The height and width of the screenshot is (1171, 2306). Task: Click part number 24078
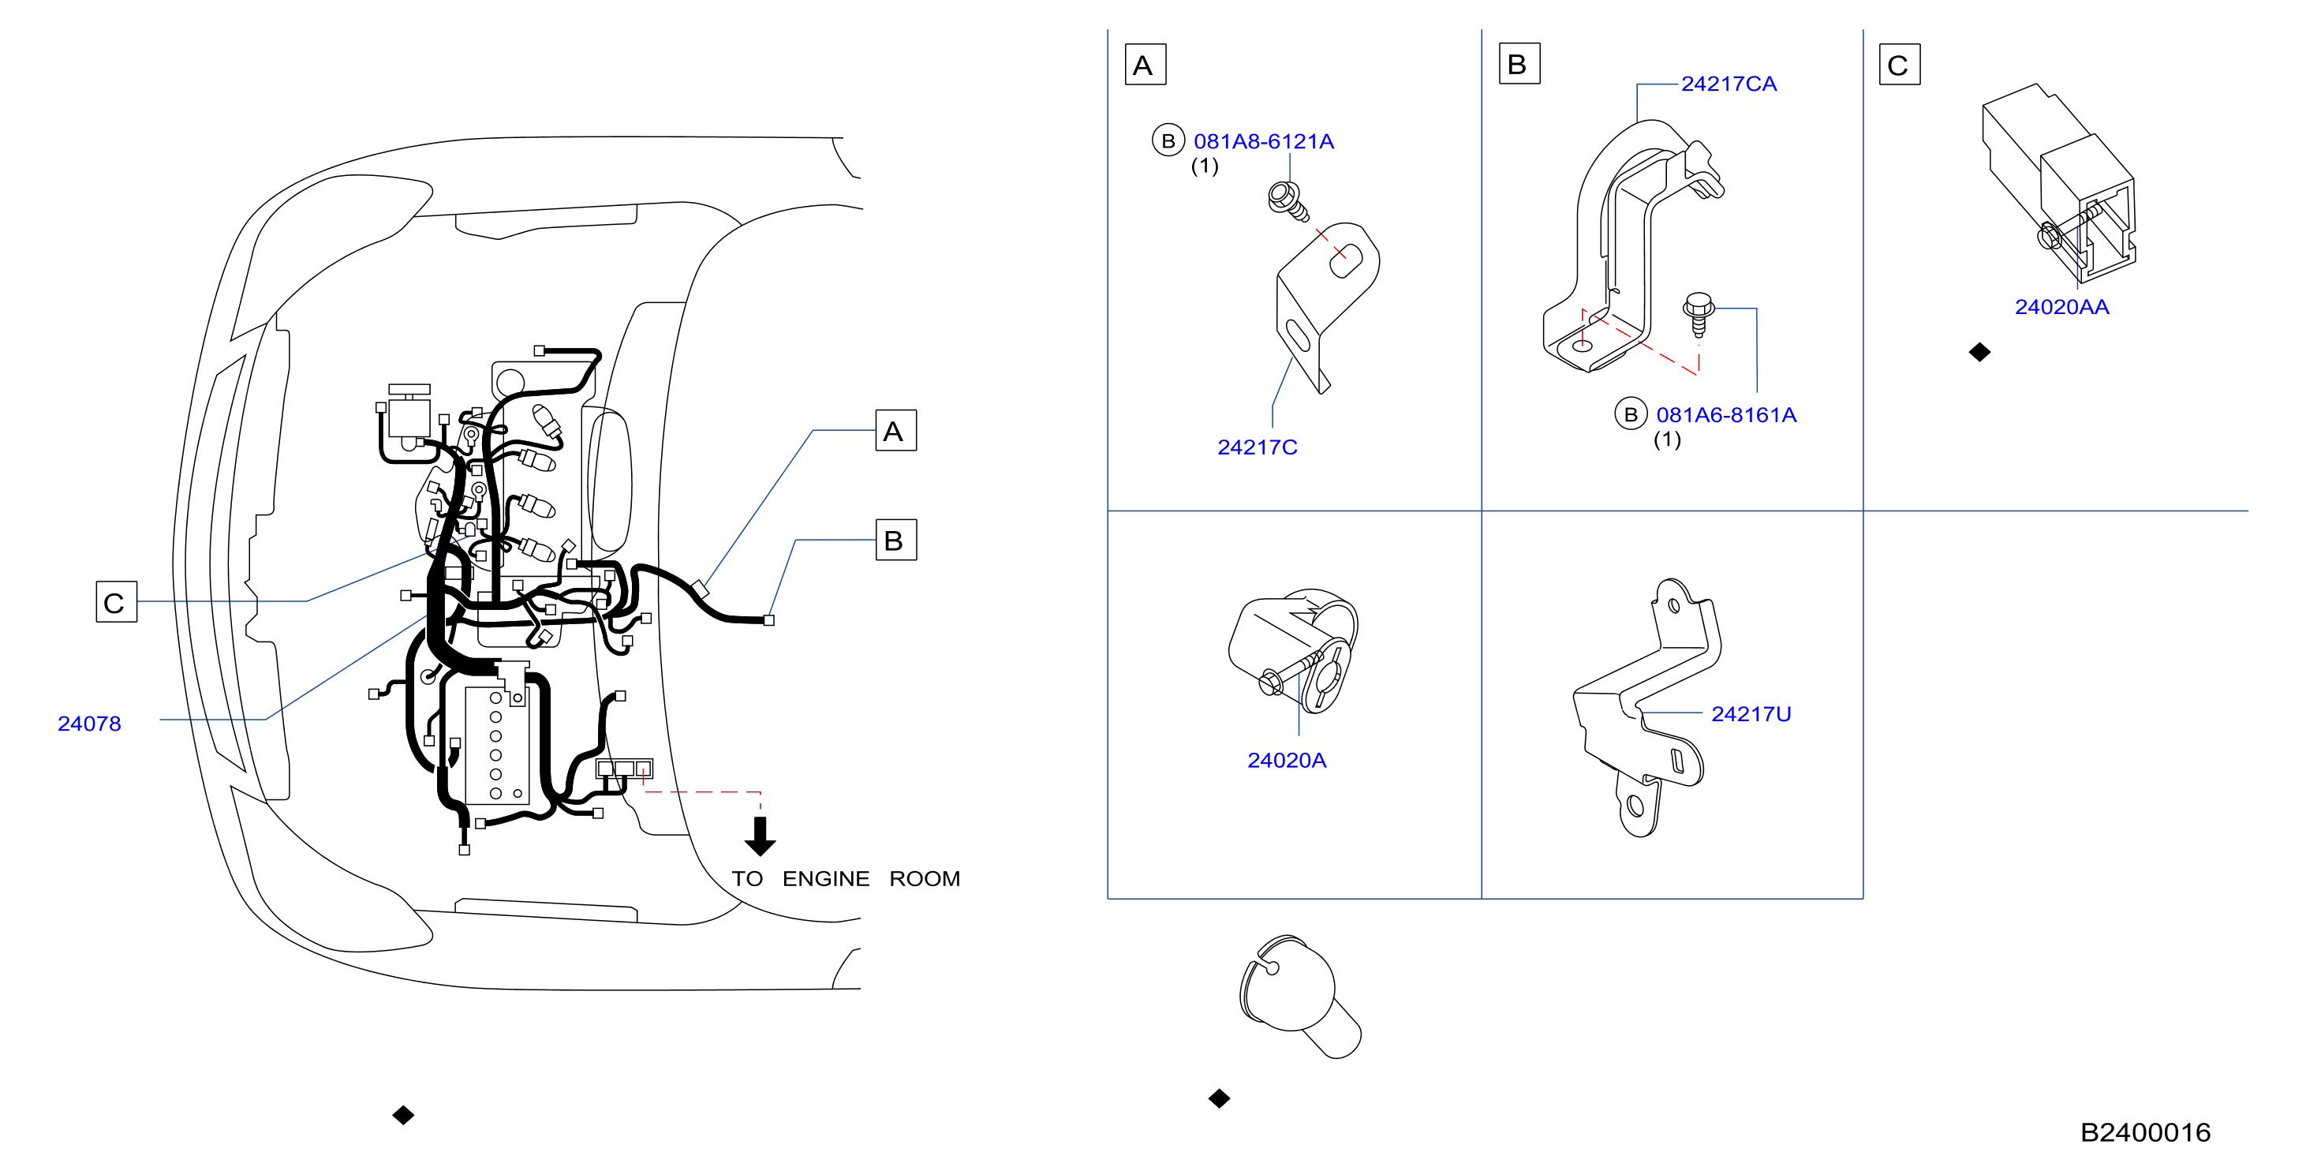point(89,724)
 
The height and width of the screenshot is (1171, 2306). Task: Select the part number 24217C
point(1257,447)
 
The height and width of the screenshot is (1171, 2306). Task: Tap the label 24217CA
point(1729,84)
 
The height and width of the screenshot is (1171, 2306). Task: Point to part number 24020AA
point(2061,307)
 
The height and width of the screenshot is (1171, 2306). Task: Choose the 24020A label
point(1287,760)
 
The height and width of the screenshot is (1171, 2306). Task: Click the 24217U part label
point(1751,713)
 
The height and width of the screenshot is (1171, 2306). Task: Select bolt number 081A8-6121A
point(1263,141)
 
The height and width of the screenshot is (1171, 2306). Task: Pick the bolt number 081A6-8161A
point(1726,414)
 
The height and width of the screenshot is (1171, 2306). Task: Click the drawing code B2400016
point(2145,1132)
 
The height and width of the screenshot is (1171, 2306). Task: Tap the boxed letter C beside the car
point(117,601)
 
